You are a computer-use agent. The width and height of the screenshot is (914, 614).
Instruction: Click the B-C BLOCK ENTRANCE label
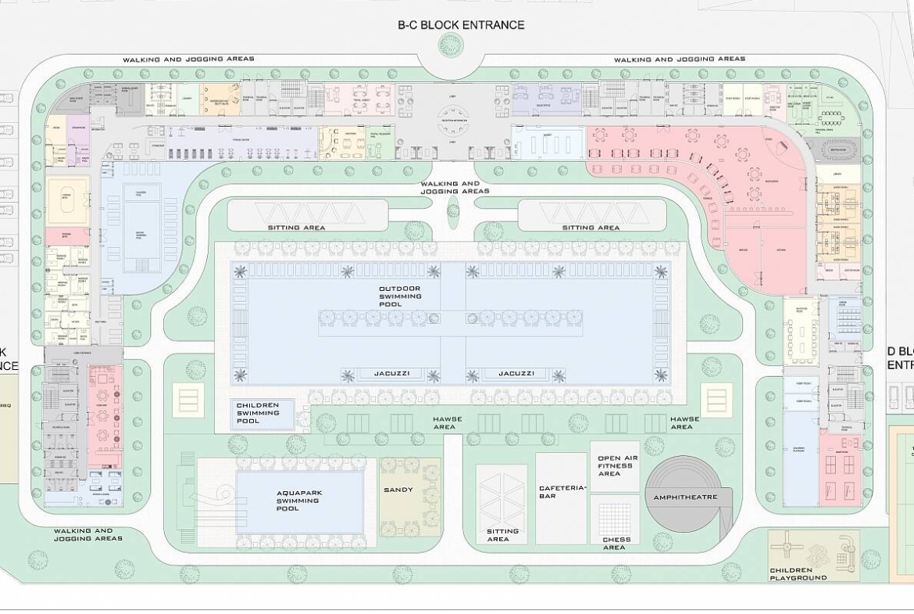[461, 25]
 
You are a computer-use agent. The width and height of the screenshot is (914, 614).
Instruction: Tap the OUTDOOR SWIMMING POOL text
[400, 296]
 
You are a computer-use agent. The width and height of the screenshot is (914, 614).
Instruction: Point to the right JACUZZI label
[516, 374]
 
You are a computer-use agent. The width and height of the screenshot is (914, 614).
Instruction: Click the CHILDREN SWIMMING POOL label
[257, 413]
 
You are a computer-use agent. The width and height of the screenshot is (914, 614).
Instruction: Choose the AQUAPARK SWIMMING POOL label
[298, 501]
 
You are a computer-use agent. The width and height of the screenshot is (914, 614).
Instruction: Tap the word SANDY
[398, 490]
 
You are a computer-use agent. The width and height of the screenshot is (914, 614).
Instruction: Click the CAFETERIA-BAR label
[562, 492]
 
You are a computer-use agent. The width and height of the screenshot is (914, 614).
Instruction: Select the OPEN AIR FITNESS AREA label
[614, 465]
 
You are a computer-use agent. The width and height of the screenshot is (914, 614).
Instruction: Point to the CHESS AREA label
[614, 543]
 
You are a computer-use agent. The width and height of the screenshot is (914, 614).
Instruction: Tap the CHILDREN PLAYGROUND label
[798, 574]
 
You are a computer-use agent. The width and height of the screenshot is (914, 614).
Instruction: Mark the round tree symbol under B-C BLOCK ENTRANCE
[450, 45]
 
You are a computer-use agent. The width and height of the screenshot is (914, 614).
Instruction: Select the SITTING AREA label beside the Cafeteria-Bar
[502, 535]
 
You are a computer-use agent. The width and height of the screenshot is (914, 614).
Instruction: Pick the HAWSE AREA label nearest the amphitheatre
[681, 422]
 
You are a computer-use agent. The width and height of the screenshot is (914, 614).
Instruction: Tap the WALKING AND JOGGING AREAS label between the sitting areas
[455, 188]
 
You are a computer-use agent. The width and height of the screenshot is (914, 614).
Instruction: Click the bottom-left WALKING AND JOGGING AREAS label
[88, 534]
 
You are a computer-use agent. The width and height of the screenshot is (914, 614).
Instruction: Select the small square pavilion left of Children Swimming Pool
[188, 400]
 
